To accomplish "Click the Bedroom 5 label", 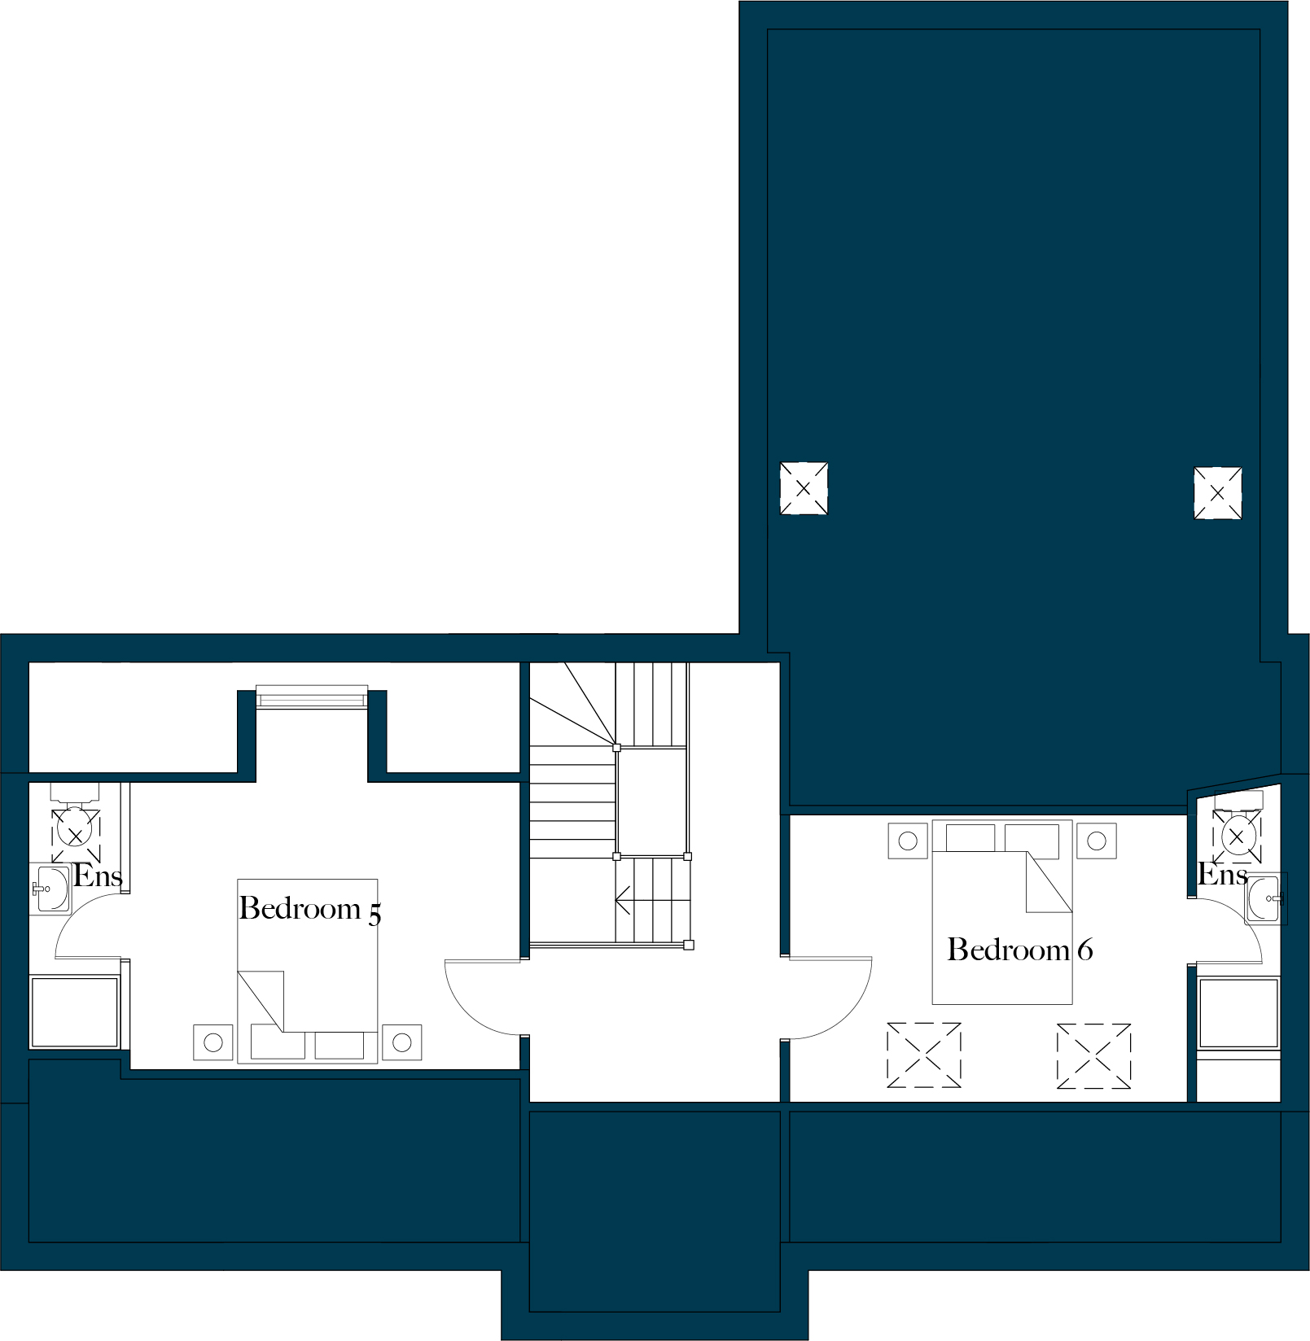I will point(309,909).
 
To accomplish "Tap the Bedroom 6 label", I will point(1019,950).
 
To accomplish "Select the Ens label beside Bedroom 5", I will point(98,876).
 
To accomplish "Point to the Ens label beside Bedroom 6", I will point(1222,875).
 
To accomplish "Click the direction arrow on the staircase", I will point(624,901).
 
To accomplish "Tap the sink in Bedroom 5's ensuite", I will point(51,889).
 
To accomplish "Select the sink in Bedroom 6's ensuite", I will point(1264,899).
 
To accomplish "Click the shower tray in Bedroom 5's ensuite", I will point(74,1011).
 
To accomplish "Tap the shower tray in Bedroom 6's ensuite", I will point(1238,1012).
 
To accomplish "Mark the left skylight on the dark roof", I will point(804,488).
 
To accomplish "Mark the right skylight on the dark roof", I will point(1217,493).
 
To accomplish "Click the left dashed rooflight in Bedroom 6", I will point(923,1055).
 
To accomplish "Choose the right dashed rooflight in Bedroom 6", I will point(1093,1055).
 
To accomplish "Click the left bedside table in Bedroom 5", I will point(213,1042).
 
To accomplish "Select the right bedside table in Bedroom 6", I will point(1096,841).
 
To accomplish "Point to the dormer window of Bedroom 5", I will point(312,697).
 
